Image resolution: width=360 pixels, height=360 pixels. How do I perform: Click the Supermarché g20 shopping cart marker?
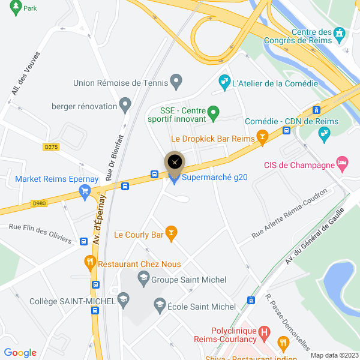pos(174,178)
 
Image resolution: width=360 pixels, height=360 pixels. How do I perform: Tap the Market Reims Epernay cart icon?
pos(85,192)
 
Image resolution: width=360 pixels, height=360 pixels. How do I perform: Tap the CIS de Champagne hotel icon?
pos(342,163)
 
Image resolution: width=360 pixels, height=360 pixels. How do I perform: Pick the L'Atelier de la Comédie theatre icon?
pos(224,80)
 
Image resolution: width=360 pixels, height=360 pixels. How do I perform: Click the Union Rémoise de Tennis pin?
pos(176,80)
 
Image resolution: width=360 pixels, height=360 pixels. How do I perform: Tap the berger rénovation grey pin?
pos(125,106)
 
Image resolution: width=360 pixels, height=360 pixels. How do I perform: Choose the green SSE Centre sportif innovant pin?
pos(217,112)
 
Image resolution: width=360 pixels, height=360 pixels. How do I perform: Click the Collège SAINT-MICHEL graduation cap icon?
pos(122,298)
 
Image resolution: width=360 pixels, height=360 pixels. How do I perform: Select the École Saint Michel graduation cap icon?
pos(160,306)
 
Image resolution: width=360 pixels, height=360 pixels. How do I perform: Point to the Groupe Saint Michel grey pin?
pos(143,277)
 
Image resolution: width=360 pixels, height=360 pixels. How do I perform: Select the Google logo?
pos(20,353)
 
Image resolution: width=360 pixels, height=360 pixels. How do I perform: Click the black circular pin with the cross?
pos(175,161)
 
